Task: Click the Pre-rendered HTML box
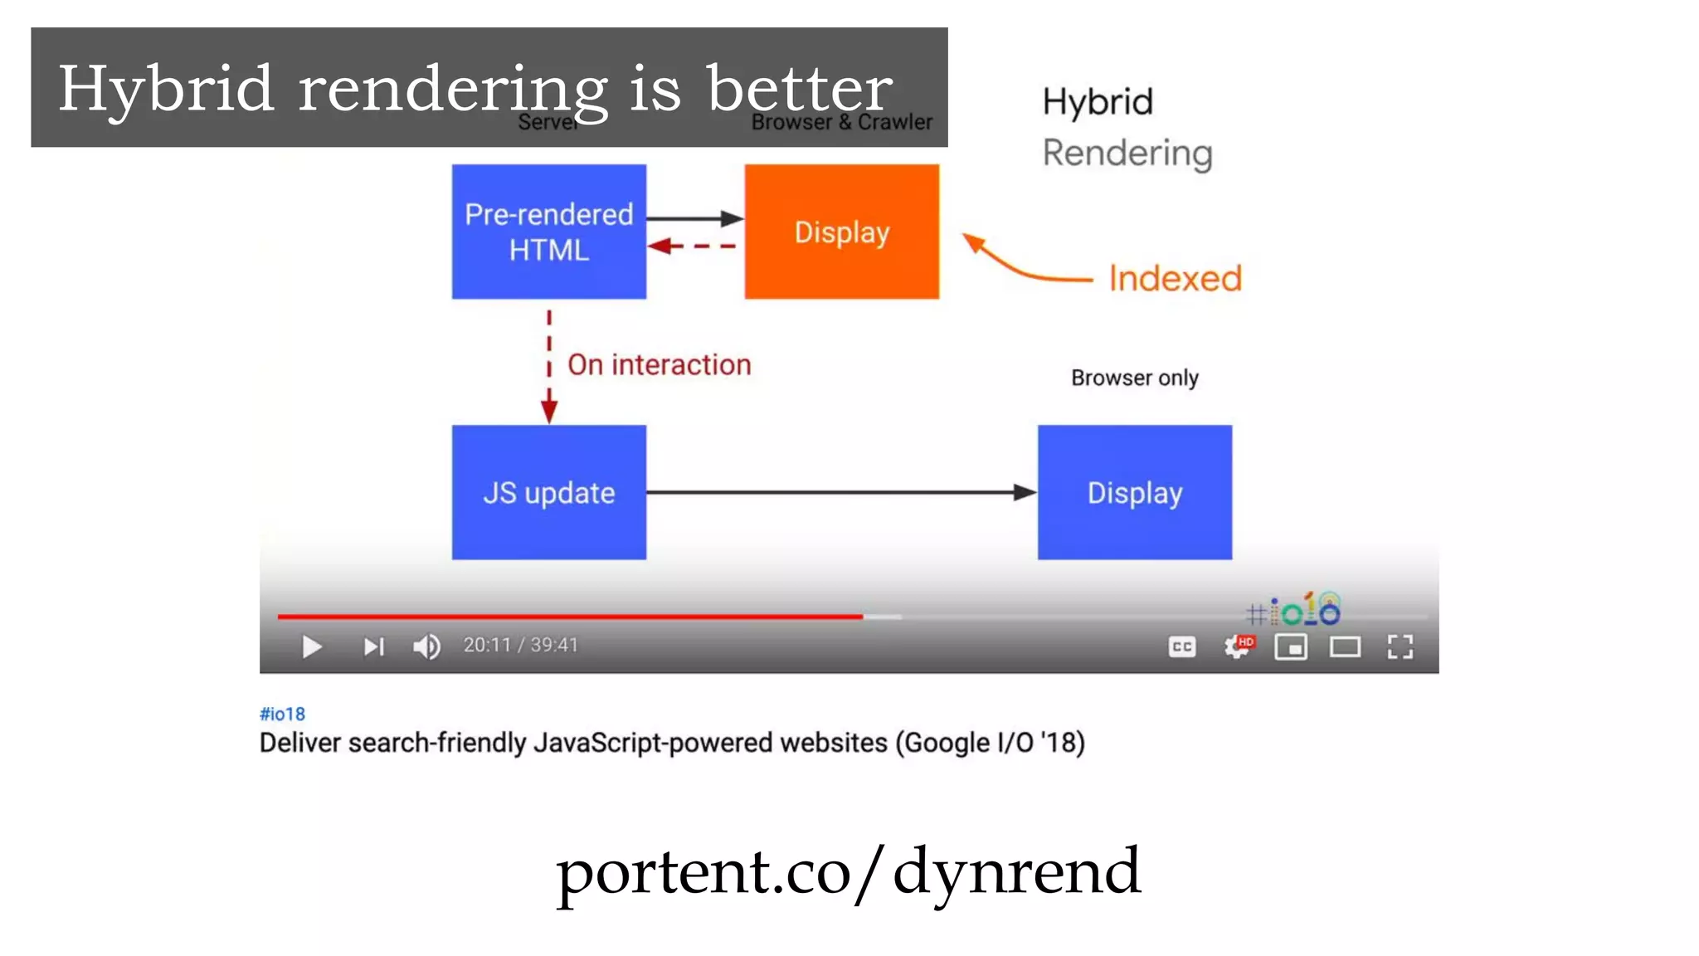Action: point(548,232)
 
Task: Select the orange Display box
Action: point(841,232)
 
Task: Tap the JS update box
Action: point(548,492)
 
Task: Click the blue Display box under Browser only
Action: point(1134,492)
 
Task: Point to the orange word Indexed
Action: point(1175,279)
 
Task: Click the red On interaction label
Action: point(659,365)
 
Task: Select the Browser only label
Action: point(1134,378)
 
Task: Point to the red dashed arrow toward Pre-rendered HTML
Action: point(693,246)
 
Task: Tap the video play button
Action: point(312,646)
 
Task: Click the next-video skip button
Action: point(373,646)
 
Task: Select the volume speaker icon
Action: point(427,646)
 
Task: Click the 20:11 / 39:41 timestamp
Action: point(520,645)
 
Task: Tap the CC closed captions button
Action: point(1181,646)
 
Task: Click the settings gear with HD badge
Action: point(1238,646)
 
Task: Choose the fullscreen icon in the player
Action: point(1400,646)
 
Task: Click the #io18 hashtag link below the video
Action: point(282,714)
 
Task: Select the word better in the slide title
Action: point(799,89)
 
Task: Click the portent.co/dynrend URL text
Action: point(848,871)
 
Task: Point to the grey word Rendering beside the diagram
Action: point(1127,154)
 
